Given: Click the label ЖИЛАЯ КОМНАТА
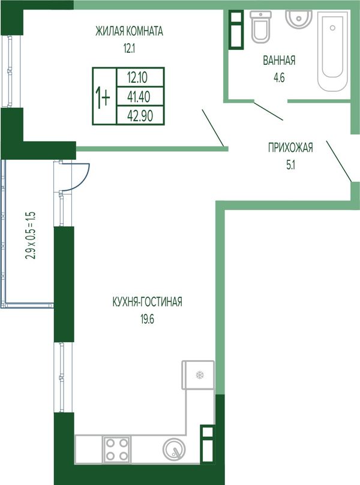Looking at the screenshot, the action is point(129,31).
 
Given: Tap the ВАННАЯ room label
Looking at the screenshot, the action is point(279,60).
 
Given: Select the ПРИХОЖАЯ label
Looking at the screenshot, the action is point(290,148).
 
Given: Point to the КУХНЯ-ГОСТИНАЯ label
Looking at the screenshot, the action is point(147,301).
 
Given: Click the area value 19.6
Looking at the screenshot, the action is point(147,319).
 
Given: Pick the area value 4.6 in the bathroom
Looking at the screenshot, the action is point(279,77).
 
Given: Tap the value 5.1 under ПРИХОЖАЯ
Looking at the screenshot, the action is point(290,165).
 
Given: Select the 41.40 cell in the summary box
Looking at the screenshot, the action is point(139,97).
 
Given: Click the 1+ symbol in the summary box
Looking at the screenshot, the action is point(103,97).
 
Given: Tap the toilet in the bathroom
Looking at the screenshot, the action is point(260,27).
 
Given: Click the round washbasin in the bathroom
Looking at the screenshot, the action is point(299,19).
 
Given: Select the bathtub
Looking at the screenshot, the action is point(332,51).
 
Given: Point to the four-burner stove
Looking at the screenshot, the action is point(117,450).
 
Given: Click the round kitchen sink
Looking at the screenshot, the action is point(174,449).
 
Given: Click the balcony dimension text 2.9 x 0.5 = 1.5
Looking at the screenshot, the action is point(31,235).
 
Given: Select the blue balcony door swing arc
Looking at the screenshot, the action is point(79,179).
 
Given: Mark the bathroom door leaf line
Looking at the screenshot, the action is point(268,110).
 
